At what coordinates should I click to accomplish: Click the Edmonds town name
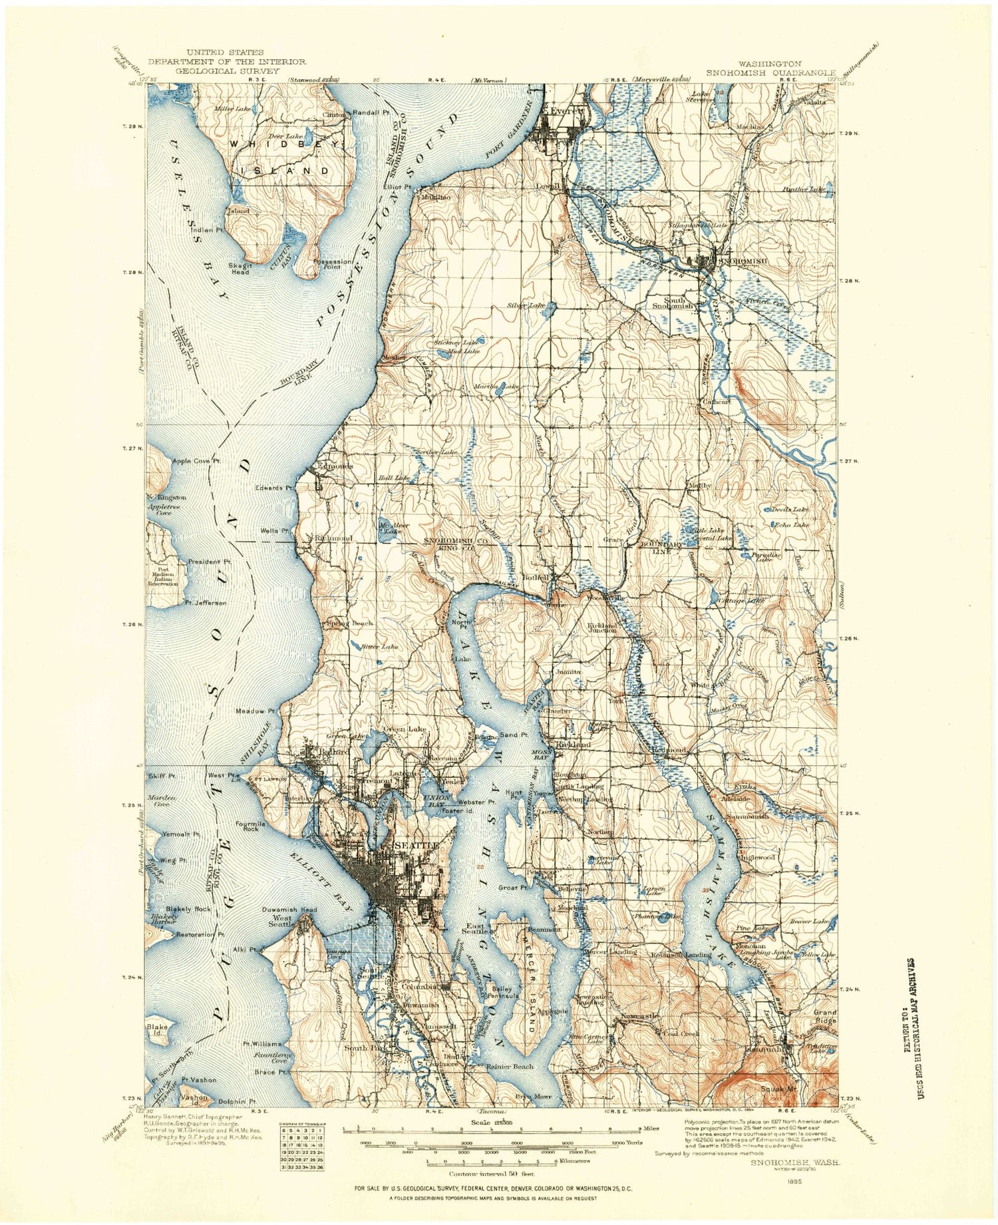[x=335, y=466]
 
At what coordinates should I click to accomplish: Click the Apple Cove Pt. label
[x=196, y=461]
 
